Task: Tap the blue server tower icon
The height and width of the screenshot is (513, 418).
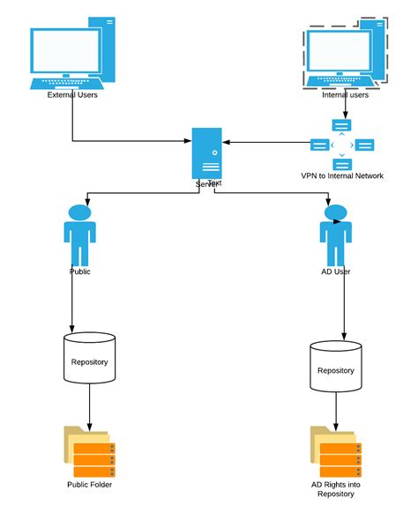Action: [209, 155]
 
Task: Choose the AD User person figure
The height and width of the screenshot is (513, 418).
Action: [335, 234]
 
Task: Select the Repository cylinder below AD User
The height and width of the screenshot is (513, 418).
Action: [335, 368]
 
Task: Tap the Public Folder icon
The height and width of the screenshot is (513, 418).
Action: [89, 451]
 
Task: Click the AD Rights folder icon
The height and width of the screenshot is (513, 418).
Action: [335, 451]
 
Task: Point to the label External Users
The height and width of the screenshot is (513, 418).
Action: [72, 95]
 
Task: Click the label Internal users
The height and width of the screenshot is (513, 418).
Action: [345, 95]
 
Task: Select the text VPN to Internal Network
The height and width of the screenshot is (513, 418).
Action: [342, 175]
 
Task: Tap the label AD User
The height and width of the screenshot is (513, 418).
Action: [335, 271]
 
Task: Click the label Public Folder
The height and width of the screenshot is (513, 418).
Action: [89, 485]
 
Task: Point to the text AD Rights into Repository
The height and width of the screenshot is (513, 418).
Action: [336, 490]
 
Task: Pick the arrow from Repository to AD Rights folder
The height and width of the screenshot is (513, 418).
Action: [335, 411]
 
